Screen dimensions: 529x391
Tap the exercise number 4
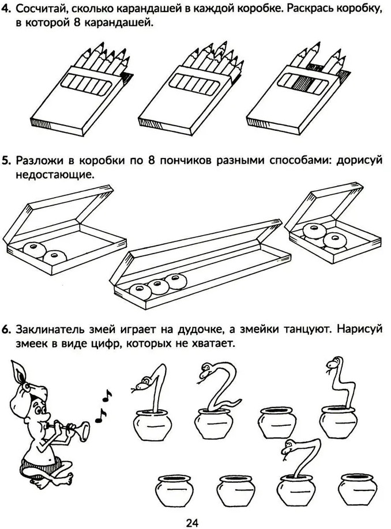(7, 9)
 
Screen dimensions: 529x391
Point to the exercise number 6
(7, 329)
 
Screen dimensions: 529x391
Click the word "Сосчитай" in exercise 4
(41, 9)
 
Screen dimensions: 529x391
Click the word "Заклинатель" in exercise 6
(52, 330)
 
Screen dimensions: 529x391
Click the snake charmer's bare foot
(65, 478)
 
